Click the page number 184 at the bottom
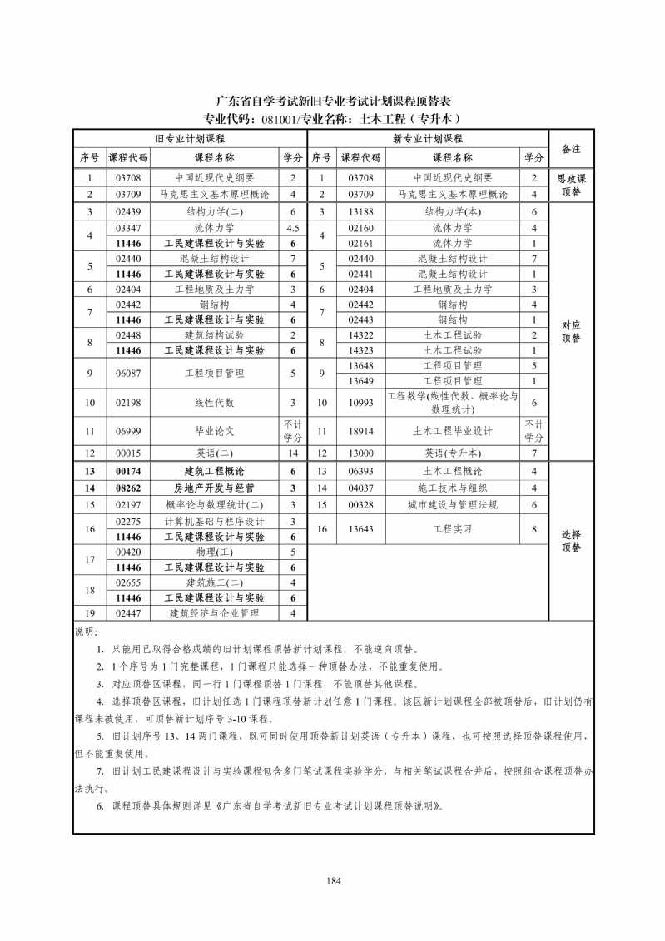[x=334, y=880]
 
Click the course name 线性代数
[x=214, y=403]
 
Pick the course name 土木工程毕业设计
[x=452, y=431]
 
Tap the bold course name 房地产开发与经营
[x=214, y=488]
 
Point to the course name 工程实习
[x=452, y=528]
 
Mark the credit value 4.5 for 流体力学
[x=292, y=228]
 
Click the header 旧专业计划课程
[x=191, y=139]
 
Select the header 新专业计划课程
[x=428, y=139]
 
